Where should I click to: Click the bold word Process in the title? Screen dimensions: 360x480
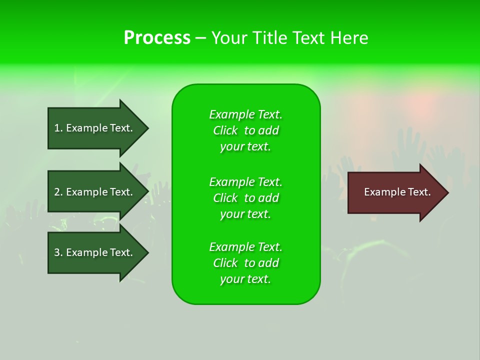click(157, 38)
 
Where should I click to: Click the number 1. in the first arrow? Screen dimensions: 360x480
click(58, 128)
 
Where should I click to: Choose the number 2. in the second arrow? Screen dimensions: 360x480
click(58, 192)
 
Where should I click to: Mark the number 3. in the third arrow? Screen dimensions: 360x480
click(58, 252)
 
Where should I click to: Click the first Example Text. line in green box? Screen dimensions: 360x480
click(245, 114)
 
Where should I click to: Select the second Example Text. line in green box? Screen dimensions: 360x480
click(245, 181)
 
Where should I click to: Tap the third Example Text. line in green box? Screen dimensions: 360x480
click(245, 247)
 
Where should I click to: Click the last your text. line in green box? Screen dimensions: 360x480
click(245, 279)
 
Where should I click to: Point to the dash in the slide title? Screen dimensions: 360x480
click(200, 38)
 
